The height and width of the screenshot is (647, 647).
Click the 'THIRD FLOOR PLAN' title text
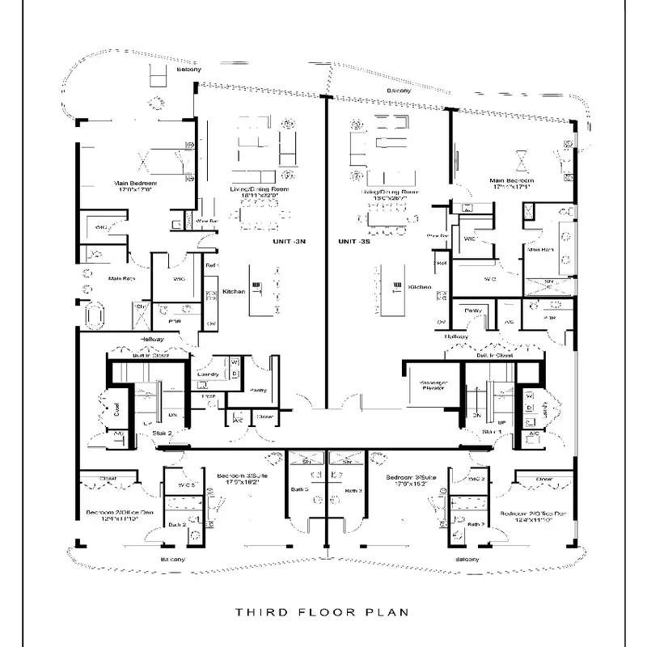(322, 612)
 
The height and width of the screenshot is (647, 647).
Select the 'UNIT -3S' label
(354, 242)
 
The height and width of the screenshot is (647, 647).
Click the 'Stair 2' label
(163, 433)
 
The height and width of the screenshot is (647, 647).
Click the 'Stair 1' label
(493, 433)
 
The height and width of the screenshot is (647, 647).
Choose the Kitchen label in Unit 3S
(419, 287)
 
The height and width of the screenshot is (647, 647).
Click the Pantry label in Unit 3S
(472, 310)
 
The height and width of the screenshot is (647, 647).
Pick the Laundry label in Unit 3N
(208, 374)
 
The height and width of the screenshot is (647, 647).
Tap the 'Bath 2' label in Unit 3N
(178, 526)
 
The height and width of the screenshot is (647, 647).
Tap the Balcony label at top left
(188, 69)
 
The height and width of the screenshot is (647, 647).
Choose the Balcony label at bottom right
(467, 560)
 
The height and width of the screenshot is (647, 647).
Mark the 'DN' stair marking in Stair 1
(477, 415)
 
